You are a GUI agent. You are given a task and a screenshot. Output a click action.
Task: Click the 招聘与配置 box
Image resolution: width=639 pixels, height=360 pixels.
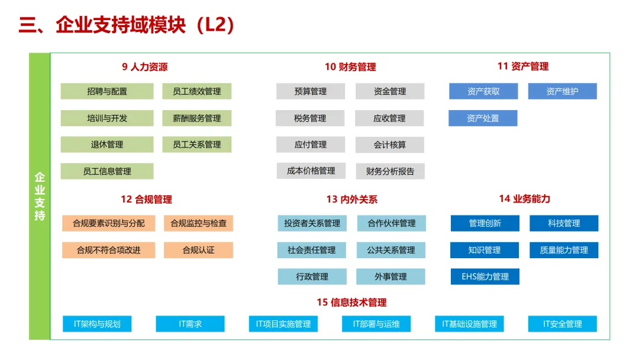pos(107,91)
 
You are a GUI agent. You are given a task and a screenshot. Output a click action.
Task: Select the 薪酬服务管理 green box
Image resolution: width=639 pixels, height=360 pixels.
pos(197,118)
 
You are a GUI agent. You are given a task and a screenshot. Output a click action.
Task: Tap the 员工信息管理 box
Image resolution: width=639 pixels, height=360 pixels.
pos(107,171)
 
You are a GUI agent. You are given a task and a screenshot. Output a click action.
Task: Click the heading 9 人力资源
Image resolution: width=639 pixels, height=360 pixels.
pos(145,67)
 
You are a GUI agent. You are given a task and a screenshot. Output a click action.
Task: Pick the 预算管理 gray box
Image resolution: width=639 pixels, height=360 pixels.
pos(311,91)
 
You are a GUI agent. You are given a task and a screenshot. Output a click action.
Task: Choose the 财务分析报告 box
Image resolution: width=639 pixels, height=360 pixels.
pos(390,172)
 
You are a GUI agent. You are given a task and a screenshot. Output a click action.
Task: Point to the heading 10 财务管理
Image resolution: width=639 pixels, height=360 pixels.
pos(350,67)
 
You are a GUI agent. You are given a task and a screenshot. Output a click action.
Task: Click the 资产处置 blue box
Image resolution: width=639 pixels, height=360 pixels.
pos(483,118)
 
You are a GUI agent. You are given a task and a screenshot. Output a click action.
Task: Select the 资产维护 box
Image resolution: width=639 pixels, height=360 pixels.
pos(562,91)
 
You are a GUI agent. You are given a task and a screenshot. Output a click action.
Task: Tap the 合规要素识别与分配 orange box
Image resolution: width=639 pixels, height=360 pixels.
pos(109,223)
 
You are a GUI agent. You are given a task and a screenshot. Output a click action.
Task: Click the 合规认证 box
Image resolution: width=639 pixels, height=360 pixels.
pos(198,250)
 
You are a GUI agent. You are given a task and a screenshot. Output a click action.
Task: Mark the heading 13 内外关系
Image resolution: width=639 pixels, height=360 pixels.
pos(351,200)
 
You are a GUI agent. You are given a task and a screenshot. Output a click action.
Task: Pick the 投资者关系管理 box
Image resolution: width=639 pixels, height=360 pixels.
pos(312,223)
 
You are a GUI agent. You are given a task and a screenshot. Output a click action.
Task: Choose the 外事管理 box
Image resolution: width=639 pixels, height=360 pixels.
pos(390,277)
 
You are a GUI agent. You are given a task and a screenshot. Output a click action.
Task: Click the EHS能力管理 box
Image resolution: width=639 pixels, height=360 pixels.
pos(485,277)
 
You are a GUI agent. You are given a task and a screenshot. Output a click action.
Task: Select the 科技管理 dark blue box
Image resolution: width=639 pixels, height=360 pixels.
pos(564,223)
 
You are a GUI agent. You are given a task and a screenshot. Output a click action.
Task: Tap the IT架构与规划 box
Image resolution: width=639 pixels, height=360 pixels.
pos(97,324)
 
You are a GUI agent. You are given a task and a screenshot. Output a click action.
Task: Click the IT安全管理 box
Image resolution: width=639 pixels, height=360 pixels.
pos(563,324)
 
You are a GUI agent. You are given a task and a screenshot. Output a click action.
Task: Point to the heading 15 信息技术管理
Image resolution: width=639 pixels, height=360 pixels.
pos(351,303)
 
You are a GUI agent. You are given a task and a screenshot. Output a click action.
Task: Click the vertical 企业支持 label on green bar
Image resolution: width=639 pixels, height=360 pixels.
pos(40,197)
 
